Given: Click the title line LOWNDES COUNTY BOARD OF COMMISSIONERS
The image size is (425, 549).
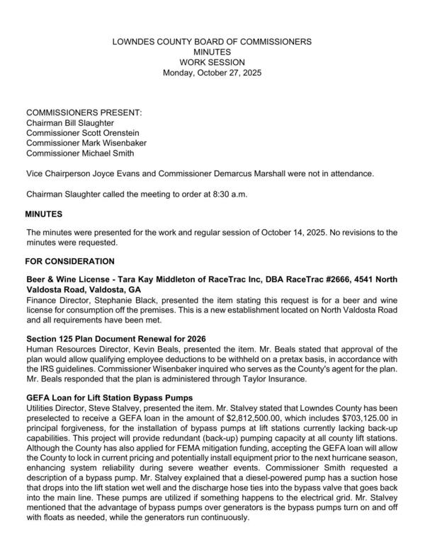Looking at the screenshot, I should [x=212, y=42].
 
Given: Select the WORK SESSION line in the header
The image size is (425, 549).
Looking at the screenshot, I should [x=212, y=62].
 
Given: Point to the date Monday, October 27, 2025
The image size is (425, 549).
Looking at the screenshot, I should [x=212, y=73].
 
